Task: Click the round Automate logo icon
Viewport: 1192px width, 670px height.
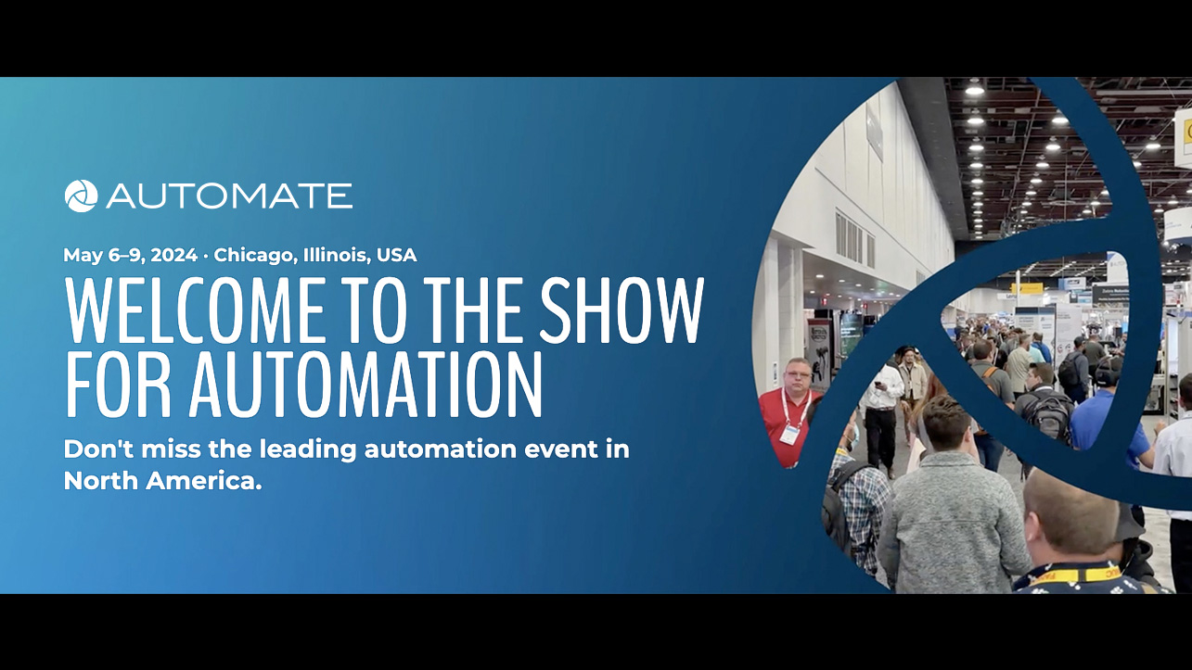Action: [x=81, y=196]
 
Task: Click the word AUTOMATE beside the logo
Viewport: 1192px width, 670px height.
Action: [x=229, y=196]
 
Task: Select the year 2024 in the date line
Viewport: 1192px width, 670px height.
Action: [x=174, y=255]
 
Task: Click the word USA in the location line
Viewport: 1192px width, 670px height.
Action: [x=396, y=255]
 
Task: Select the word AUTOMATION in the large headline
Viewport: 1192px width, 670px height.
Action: [x=365, y=384]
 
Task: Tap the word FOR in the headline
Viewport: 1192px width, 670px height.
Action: [x=118, y=384]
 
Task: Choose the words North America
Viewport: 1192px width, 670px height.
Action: [x=163, y=481]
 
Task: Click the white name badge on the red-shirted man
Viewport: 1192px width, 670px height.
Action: [x=788, y=433]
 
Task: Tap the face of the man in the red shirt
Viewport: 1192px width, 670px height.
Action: [x=797, y=376]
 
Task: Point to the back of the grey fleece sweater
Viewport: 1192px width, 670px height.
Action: [x=953, y=525]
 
